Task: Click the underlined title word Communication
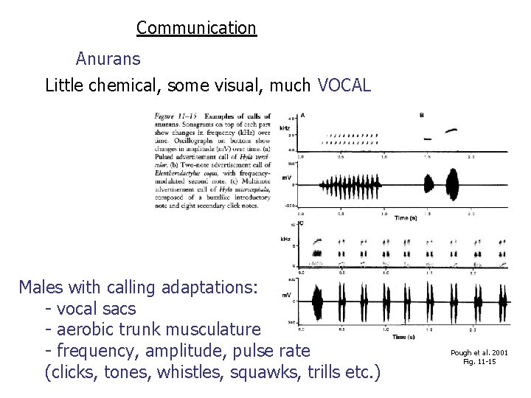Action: coord(196,28)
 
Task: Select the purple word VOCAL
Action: coord(344,85)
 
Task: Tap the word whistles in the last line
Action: coord(192,371)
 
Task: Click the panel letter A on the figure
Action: coord(302,115)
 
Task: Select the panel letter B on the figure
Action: coord(421,115)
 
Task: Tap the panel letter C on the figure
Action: coord(302,223)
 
